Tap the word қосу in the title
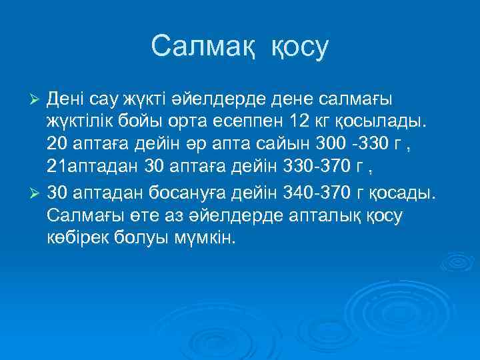300,48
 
